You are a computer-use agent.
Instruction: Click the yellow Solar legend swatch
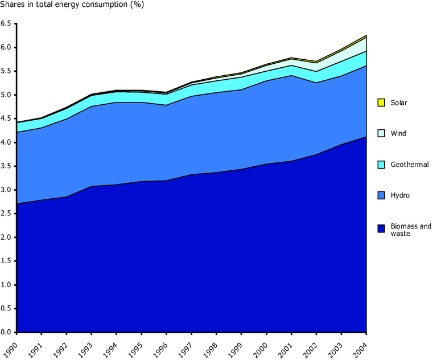point(381,103)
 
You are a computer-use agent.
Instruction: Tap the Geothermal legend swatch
point(381,164)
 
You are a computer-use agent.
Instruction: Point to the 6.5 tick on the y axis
point(6,23)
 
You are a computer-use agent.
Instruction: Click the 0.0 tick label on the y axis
point(6,332)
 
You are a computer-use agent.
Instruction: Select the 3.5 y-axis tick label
point(6,166)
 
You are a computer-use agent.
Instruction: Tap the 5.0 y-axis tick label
point(6,95)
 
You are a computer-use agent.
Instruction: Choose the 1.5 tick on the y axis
point(6,261)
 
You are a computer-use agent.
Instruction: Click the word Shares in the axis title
point(13,7)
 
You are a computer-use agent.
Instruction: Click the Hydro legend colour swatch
point(381,195)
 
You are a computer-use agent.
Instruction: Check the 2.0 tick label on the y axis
point(6,237)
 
